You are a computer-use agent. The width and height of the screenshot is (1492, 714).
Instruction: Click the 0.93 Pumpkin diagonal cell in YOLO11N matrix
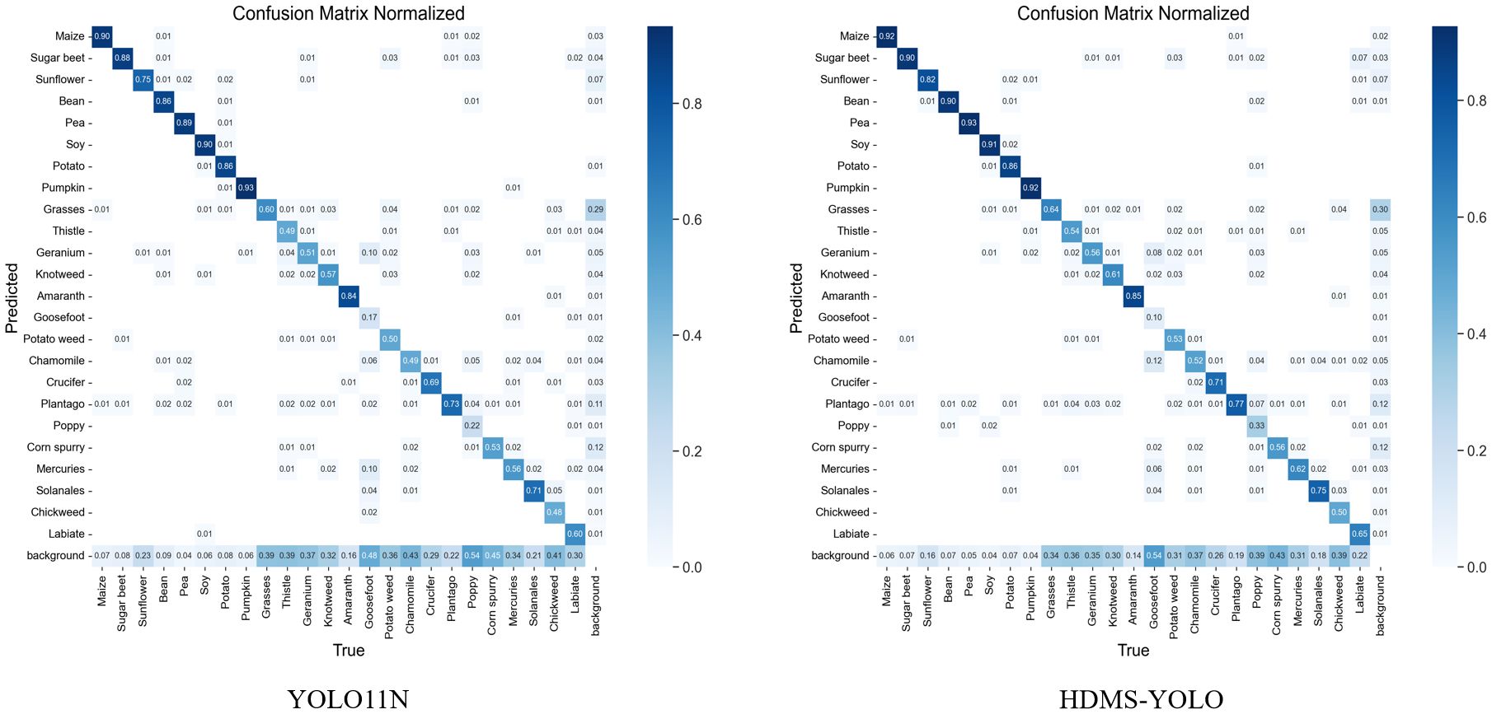pyautogui.click(x=246, y=188)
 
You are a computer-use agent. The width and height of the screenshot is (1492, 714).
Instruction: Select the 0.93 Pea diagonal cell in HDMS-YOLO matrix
pyautogui.click(x=969, y=123)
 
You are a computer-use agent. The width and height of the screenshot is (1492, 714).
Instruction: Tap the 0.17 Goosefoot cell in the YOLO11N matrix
pyautogui.click(x=369, y=317)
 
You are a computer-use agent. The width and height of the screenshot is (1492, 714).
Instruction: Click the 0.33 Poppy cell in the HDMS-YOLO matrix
pyautogui.click(x=1256, y=426)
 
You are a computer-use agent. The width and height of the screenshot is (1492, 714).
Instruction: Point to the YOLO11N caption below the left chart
pyautogui.click(x=348, y=699)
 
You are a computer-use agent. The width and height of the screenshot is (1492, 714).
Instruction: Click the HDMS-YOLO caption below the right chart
pyautogui.click(x=1141, y=699)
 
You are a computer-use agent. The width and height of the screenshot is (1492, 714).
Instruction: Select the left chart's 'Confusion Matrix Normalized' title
pyautogui.click(x=349, y=13)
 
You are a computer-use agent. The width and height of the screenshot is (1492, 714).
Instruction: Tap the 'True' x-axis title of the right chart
pyautogui.click(x=1133, y=651)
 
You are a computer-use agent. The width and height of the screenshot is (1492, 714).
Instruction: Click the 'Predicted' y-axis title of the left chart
pyautogui.click(x=12, y=298)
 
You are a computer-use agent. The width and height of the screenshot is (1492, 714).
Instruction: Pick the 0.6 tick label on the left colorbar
pyautogui.click(x=692, y=220)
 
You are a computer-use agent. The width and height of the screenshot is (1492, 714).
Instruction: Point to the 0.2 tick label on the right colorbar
pyautogui.click(x=1477, y=451)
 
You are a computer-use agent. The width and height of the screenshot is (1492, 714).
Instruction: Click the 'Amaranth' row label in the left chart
pyautogui.click(x=61, y=296)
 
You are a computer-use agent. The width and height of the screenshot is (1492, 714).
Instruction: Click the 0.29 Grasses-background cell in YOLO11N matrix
pyautogui.click(x=595, y=209)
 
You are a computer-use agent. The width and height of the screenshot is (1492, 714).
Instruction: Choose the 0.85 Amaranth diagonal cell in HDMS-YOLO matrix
pyautogui.click(x=1133, y=296)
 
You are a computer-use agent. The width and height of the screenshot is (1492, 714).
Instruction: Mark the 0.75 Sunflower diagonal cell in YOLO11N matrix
pyautogui.click(x=143, y=80)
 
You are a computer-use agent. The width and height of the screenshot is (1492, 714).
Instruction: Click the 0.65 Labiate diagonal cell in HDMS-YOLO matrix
pyautogui.click(x=1359, y=534)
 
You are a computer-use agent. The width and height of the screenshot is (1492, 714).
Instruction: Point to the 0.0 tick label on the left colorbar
pyautogui.click(x=692, y=567)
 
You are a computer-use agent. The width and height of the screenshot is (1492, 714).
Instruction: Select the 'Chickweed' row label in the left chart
pyautogui.click(x=58, y=512)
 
